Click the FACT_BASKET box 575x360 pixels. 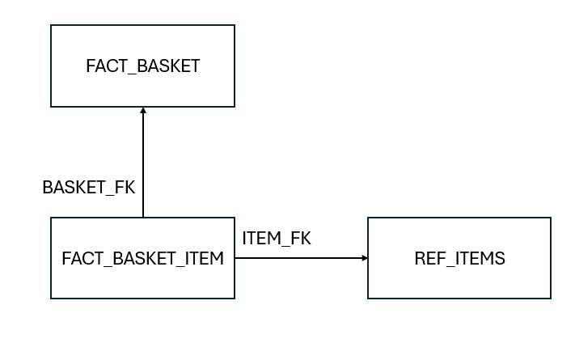click(142, 66)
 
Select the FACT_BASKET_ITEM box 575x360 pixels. click(142, 258)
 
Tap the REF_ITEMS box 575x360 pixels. click(459, 258)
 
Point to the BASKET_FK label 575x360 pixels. click(88, 187)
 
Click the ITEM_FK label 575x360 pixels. click(277, 238)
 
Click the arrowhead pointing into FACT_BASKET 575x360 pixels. click(143, 111)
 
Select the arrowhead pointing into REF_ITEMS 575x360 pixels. click(364, 258)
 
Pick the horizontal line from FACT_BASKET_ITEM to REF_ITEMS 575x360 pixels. click(299, 258)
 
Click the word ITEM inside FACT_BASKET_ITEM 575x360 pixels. click(204, 259)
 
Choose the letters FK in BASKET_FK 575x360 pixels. click(124, 187)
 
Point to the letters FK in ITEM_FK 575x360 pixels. click(300, 238)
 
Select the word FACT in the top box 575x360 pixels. click(103, 66)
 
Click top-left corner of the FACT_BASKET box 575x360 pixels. click(51, 25)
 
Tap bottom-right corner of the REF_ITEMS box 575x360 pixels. click(551, 299)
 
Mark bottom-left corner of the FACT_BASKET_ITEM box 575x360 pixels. click(51, 299)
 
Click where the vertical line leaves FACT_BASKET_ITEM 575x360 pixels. click(143, 218)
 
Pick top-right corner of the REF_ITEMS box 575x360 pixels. click(551, 218)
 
